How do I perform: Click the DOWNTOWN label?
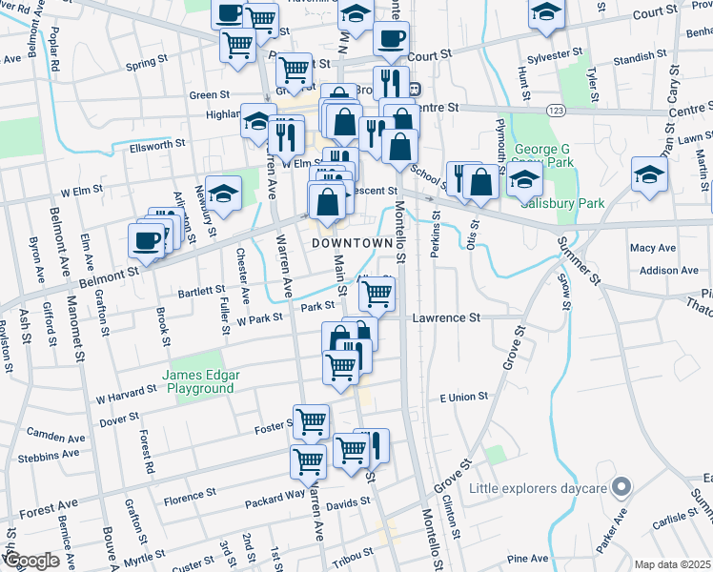pyautogui.click(x=353, y=243)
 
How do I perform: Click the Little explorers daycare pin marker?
pyautogui.click(x=621, y=488)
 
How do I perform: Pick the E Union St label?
pyautogui.click(x=463, y=396)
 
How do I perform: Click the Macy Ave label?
pyautogui.click(x=653, y=248)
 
